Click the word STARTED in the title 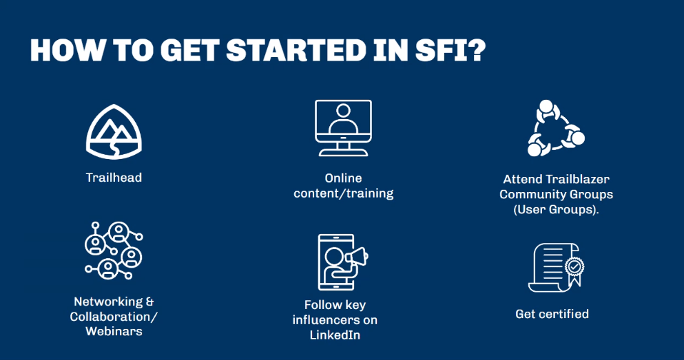click(x=296, y=50)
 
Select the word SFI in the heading click(x=442, y=50)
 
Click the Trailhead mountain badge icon click(x=114, y=131)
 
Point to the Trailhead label click(x=114, y=178)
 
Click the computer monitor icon click(x=343, y=128)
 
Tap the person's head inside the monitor click(x=343, y=111)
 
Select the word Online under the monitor click(x=343, y=178)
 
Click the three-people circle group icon click(x=556, y=128)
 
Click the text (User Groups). click(x=556, y=210)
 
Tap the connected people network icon click(x=114, y=250)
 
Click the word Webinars click(x=114, y=331)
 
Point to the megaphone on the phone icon click(x=357, y=257)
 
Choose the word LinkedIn click(x=335, y=335)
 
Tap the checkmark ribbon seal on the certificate click(x=574, y=268)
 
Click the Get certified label click(x=552, y=314)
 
